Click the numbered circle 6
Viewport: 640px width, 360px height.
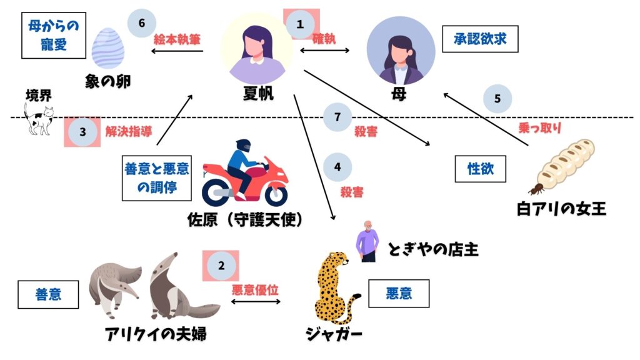[x=142, y=23]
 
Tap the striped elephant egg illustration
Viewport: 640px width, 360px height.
[x=108, y=48]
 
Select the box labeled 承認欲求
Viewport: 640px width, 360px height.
[x=480, y=39]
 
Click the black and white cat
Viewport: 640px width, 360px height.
[x=39, y=119]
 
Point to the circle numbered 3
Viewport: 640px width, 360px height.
[x=82, y=132]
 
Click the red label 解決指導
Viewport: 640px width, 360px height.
[x=129, y=131]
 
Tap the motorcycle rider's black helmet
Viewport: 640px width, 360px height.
[x=243, y=145]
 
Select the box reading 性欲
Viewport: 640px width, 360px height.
[x=481, y=169]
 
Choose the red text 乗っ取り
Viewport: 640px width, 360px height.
[x=539, y=127]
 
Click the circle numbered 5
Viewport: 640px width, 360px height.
[x=497, y=98]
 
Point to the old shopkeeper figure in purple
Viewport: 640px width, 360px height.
[x=367, y=241]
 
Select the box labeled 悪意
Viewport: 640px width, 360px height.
[x=399, y=294]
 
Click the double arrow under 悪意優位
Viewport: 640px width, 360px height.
[x=256, y=302]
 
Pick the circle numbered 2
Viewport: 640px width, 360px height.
[x=221, y=266]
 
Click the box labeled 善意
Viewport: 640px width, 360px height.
[x=48, y=294]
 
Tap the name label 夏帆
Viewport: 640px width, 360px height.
[x=258, y=94]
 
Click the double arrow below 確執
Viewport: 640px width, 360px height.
[x=325, y=51]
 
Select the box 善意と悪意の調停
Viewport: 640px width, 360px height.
[x=157, y=177]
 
